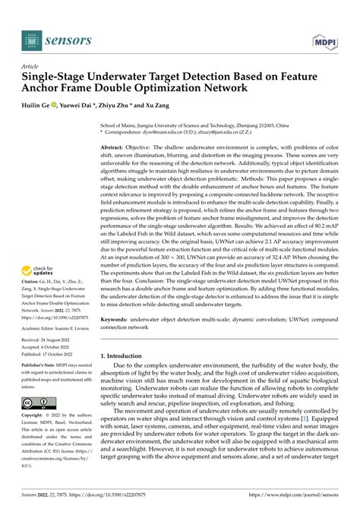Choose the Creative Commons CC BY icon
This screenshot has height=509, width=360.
pos(36,401)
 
